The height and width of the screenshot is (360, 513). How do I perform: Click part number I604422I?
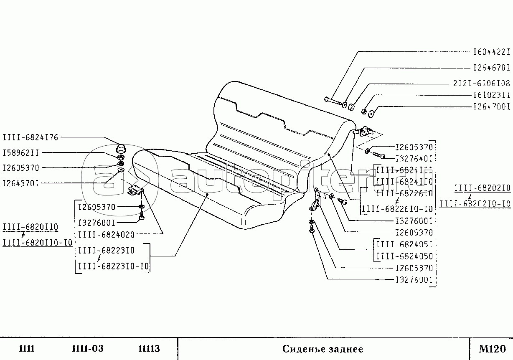pos(491,52)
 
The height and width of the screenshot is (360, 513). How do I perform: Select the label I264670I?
pos(491,67)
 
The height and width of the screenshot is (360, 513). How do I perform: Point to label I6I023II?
pos(491,95)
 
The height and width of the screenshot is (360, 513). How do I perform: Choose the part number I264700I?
pos(491,106)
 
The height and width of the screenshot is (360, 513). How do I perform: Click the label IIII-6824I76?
pos(31,137)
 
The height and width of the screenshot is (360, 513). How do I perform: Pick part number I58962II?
pos(21,152)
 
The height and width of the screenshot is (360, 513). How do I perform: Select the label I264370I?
pos(21,183)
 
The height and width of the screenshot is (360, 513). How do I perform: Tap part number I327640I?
pos(414,159)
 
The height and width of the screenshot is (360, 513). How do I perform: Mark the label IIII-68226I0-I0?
pos(397,208)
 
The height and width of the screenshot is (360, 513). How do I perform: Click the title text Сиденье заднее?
pos(323,349)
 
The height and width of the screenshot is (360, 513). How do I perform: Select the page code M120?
pos(492,349)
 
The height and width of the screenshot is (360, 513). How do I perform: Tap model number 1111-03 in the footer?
pos(87,349)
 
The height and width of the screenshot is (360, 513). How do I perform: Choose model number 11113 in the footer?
pos(149,349)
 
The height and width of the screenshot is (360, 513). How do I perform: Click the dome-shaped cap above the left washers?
pos(121,148)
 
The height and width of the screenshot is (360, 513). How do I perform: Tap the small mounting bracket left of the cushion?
pos(135,190)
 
